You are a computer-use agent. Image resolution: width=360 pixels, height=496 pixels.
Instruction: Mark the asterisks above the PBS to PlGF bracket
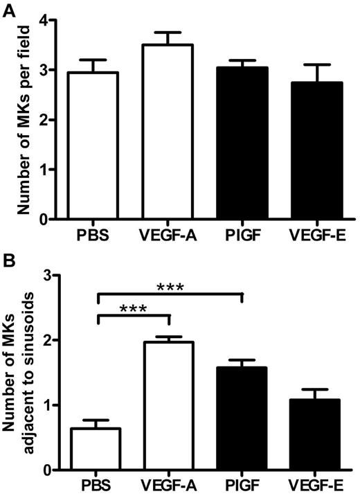(x=169, y=283)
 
